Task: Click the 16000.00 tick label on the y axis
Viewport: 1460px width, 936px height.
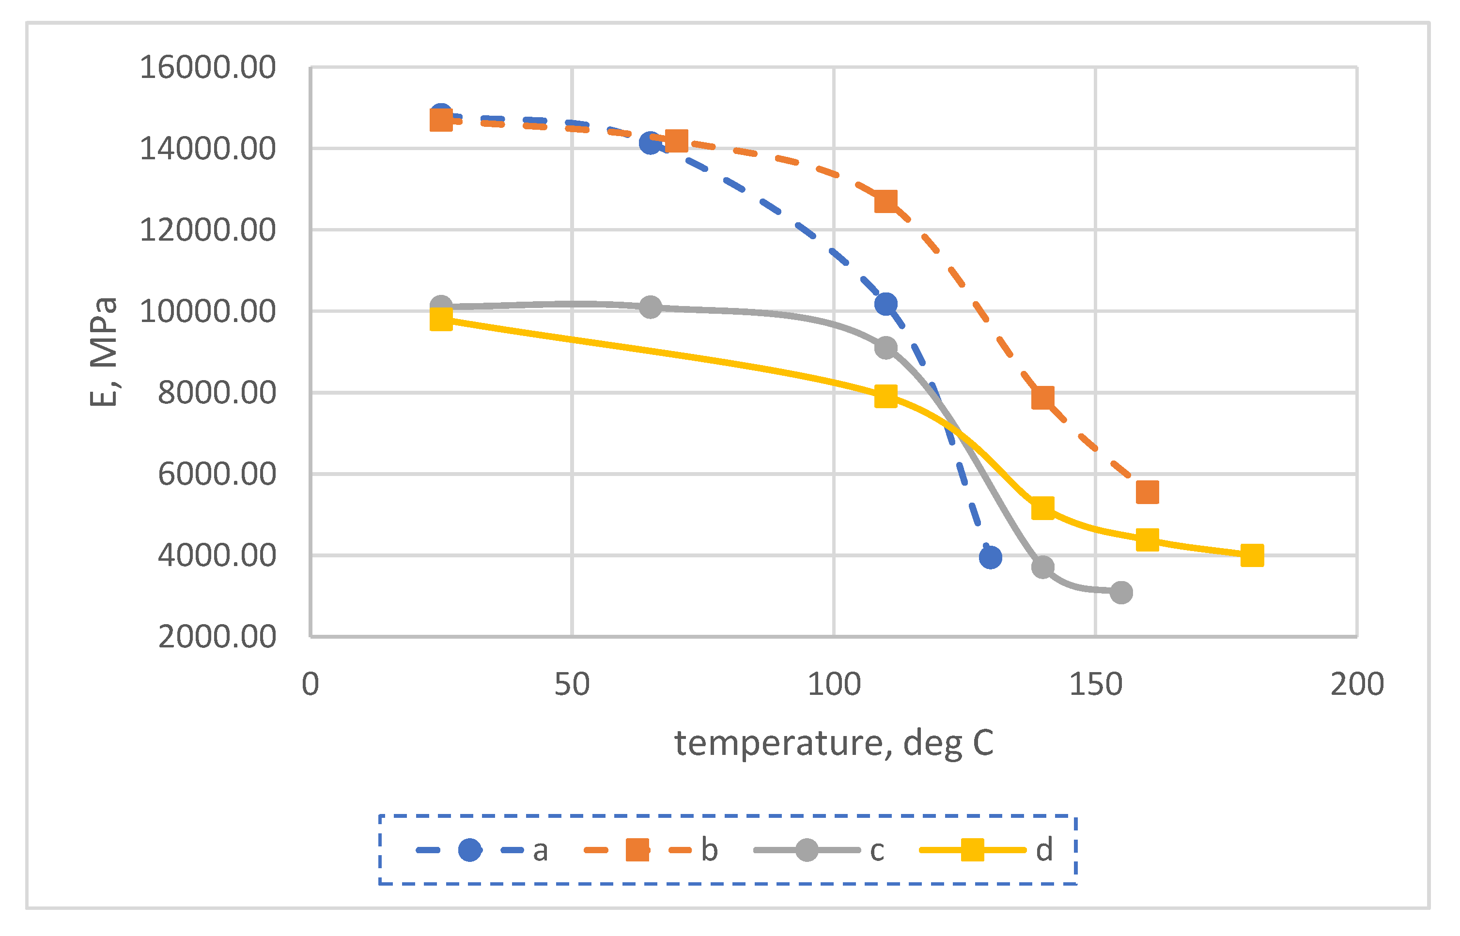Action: (207, 67)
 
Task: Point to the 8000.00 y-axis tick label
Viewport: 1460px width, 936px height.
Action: (217, 393)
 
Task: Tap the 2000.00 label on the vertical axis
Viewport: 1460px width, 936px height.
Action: (217, 637)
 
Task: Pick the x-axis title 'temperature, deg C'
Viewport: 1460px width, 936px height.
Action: (834, 743)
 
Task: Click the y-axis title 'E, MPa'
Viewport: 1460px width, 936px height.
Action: (103, 352)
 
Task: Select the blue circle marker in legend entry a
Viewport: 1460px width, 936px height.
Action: (470, 850)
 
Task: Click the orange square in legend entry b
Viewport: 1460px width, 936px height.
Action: (637, 850)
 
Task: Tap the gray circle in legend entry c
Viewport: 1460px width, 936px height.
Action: (807, 850)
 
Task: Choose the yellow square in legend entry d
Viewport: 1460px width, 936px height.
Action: (973, 850)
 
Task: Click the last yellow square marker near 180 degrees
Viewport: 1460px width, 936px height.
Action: (1252, 555)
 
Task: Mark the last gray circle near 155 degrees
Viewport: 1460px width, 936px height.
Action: (1121, 593)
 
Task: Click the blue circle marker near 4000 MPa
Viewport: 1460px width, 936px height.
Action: (991, 557)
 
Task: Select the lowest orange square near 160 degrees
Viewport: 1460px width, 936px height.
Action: (1148, 492)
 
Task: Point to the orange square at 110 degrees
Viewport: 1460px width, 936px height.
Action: (885, 201)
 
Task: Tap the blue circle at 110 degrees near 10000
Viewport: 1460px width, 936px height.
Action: (886, 304)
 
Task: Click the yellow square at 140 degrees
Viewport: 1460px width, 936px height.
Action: (1043, 508)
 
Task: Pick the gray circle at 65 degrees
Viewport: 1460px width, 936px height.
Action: (651, 307)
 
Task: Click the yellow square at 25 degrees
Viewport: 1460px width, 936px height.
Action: (441, 319)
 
